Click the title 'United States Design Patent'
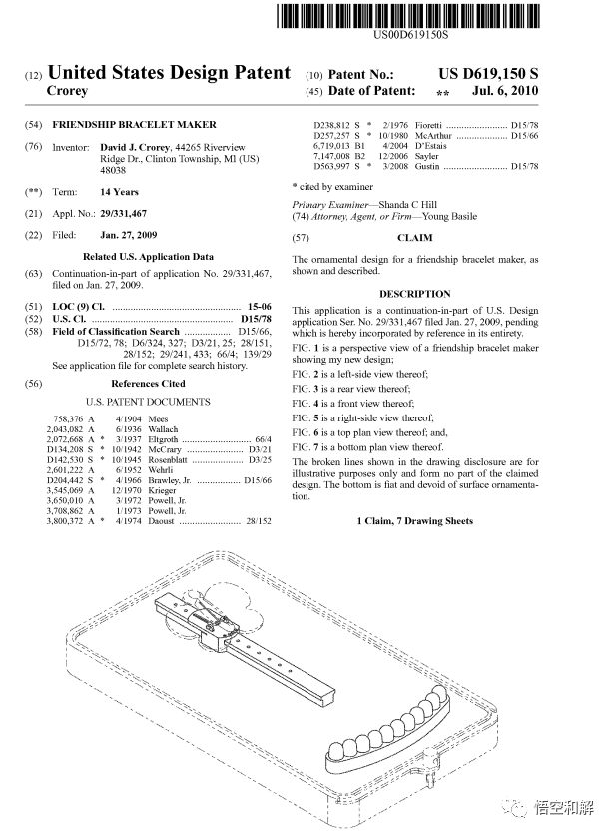point(169,73)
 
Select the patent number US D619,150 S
point(488,74)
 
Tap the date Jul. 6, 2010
point(506,91)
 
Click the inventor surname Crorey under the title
point(68,91)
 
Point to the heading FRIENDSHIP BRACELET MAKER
point(134,125)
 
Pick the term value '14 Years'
point(119,192)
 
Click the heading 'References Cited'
point(147,383)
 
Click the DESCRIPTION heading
point(414,294)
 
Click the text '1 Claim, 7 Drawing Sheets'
point(414,521)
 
